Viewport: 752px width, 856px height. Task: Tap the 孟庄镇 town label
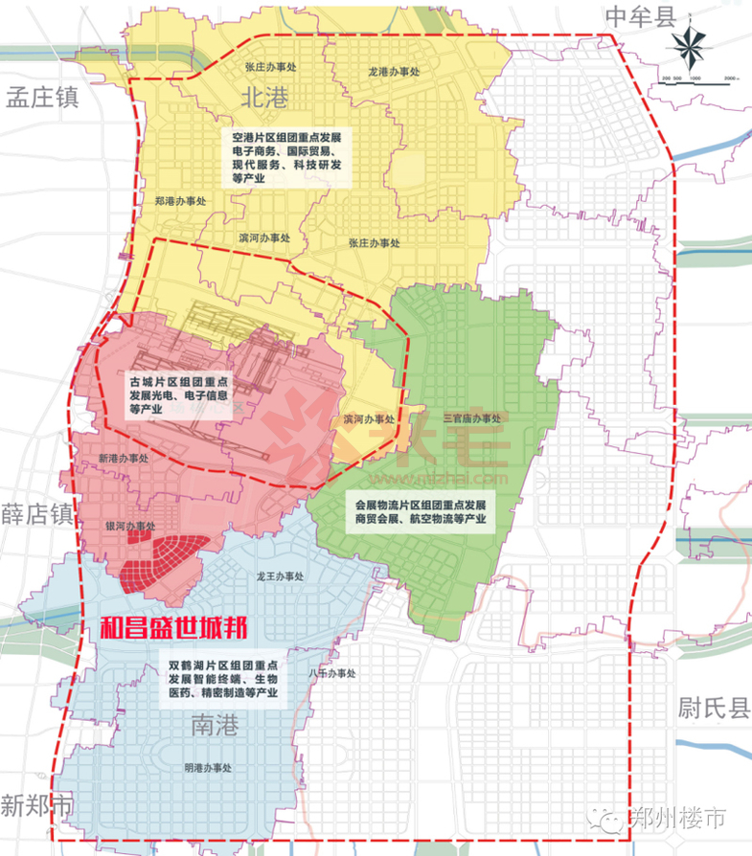coord(41,98)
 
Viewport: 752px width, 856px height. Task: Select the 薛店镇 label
coord(36,513)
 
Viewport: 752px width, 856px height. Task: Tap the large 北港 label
coord(263,96)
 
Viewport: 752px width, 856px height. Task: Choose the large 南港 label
coord(212,727)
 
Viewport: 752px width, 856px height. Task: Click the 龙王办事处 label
coord(279,577)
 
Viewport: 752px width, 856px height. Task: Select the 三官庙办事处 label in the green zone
coord(471,418)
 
